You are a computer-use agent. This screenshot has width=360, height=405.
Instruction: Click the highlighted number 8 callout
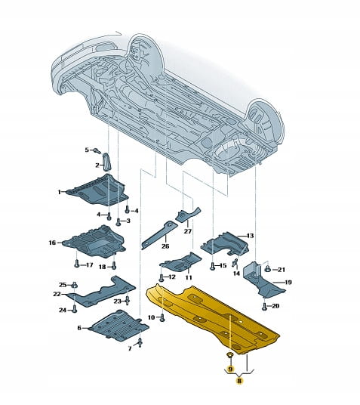click(x=239, y=381)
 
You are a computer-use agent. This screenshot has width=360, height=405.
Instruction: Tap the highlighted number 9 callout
click(x=230, y=369)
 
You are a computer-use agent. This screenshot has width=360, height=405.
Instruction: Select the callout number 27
click(x=188, y=230)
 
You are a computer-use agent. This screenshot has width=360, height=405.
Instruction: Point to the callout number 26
click(x=165, y=246)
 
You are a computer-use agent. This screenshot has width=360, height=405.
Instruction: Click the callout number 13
click(x=250, y=236)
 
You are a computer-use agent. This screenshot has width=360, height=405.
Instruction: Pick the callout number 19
click(x=288, y=282)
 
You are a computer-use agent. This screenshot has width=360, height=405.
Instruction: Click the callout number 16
click(x=52, y=243)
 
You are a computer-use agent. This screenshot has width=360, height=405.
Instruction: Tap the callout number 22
click(x=57, y=294)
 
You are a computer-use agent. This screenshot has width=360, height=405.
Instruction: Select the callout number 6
click(x=79, y=328)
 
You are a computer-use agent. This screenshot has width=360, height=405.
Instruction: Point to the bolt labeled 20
click(x=264, y=306)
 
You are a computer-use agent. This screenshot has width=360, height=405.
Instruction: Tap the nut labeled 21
click(x=268, y=270)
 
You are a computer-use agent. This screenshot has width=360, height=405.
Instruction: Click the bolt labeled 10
click(x=162, y=317)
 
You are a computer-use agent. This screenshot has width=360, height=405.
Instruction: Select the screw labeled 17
click(x=76, y=264)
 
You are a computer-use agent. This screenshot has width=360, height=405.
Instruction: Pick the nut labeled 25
click(x=74, y=285)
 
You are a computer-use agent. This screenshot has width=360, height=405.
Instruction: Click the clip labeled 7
click(x=140, y=342)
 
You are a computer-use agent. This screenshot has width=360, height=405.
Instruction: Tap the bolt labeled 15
click(x=212, y=266)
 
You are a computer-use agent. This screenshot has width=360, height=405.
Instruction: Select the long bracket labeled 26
click(x=158, y=234)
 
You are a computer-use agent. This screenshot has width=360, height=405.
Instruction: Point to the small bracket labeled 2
click(x=106, y=162)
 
